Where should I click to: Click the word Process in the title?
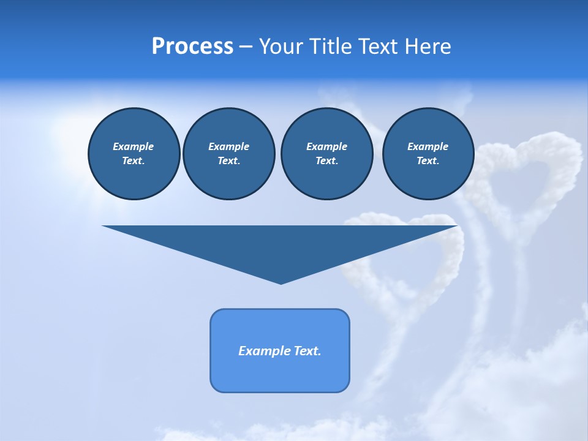click(192, 47)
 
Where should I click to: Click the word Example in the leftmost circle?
click(134, 146)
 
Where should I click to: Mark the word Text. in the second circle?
click(229, 161)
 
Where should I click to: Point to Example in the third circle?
click(326, 146)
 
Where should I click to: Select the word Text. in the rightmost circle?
click(428, 161)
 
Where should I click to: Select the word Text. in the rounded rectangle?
click(308, 351)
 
